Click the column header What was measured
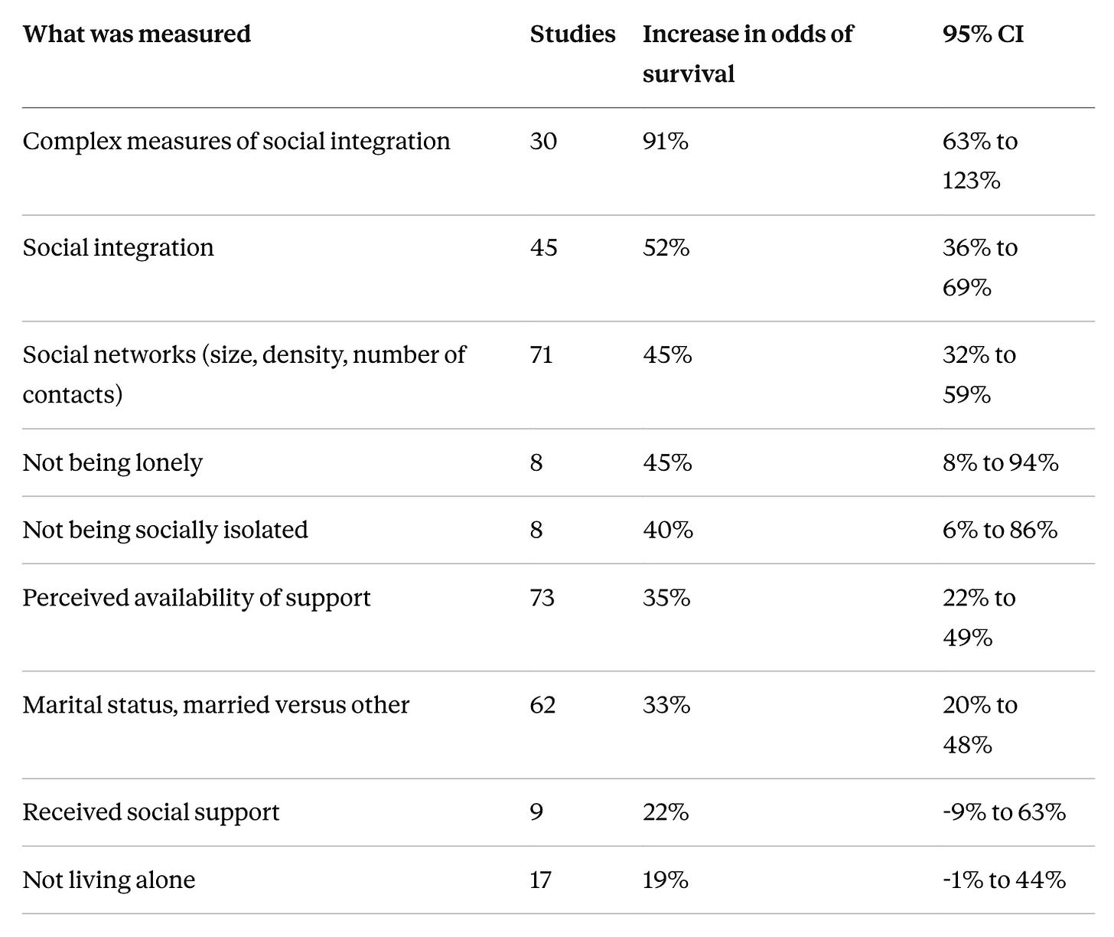(137, 34)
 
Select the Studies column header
(572, 34)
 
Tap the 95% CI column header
(983, 34)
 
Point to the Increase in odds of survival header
(748, 54)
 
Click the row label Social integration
(118, 248)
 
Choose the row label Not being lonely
(112, 462)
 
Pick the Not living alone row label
(109, 880)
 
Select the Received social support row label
(151, 812)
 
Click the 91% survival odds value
(666, 142)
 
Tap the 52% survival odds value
(666, 248)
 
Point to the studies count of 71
(542, 355)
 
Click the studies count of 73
(542, 598)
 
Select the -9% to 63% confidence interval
(1004, 812)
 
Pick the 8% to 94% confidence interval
(1000, 462)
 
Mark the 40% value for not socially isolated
(667, 531)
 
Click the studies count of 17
(540, 880)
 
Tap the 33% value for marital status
(666, 705)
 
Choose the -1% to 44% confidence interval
(1004, 880)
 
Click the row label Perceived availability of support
(197, 598)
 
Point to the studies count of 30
(543, 142)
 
